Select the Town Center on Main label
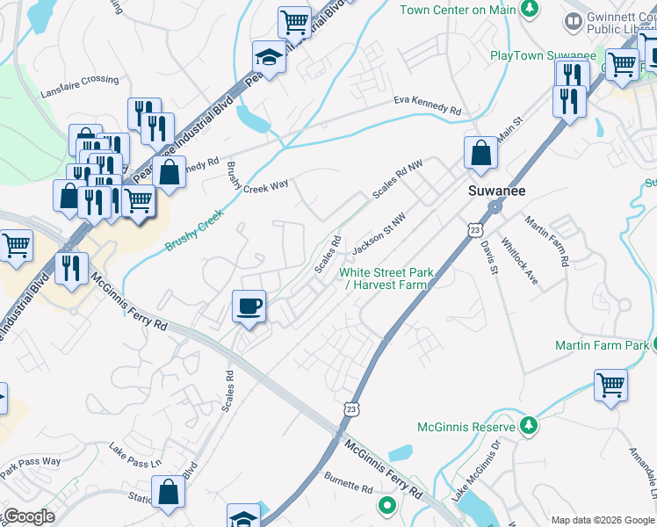tap(456, 10)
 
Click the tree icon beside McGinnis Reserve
tap(528, 427)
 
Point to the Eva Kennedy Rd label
tap(427, 106)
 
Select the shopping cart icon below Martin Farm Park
tap(611, 385)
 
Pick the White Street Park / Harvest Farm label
tap(386, 278)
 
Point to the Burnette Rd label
tap(349, 484)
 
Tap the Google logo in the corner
tap(28, 516)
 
